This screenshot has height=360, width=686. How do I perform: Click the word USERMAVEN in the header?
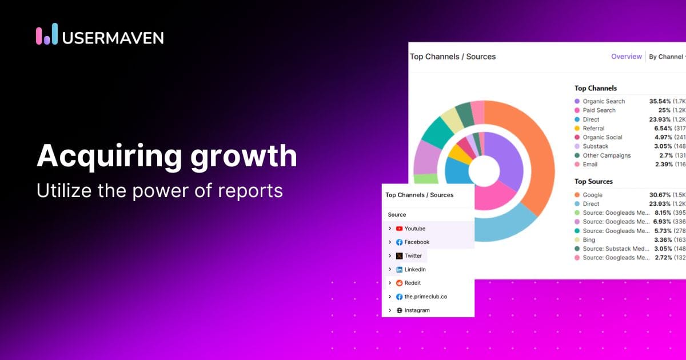tap(113, 38)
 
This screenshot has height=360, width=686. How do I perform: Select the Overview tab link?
tap(626, 57)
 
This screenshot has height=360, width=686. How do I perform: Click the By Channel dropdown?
tap(667, 57)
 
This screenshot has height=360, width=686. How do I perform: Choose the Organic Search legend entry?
tap(603, 101)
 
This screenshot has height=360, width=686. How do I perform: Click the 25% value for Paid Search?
tap(664, 110)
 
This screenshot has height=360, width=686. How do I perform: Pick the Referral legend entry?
tap(593, 129)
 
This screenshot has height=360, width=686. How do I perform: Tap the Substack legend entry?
tap(595, 146)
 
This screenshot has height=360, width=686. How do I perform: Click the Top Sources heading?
tap(593, 181)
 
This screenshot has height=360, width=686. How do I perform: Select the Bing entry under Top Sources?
tap(589, 240)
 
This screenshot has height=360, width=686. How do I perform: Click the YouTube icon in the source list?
tap(399, 229)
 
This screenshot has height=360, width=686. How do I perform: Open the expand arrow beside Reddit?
tap(390, 283)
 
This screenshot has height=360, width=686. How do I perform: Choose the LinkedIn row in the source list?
tap(414, 269)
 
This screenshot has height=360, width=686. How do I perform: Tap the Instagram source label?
tap(417, 310)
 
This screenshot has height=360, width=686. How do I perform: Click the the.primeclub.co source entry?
tap(425, 297)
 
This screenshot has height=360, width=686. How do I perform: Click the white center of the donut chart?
tap(484, 170)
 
